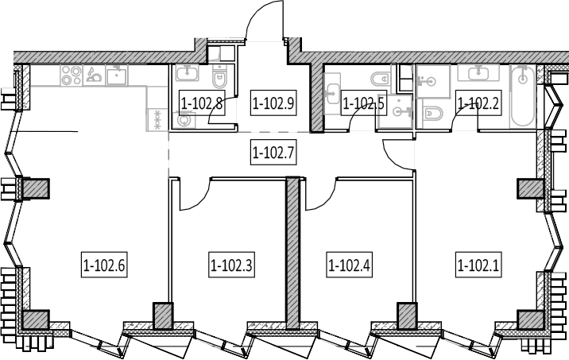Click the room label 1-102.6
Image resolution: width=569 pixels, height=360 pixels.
click(104, 265)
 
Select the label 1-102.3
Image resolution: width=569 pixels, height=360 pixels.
click(231, 265)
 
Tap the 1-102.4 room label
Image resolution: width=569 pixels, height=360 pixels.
click(349, 265)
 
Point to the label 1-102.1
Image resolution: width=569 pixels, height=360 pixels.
click(478, 265)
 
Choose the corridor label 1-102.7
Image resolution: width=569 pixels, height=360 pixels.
click(273, 152)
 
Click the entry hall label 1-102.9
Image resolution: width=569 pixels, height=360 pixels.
click(273, 103)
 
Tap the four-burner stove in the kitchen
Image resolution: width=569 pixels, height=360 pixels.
click(72, 75)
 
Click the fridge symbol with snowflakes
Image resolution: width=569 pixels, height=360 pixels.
click(157, 120)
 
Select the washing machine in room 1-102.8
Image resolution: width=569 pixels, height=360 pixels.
click(184, 120)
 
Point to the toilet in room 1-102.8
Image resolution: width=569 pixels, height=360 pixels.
click(219, 76)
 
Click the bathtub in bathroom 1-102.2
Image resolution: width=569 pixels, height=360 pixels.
click(522, 96)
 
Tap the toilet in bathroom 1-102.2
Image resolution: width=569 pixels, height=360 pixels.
click(432, 114)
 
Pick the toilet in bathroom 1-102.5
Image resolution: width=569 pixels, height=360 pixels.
click(380, 78)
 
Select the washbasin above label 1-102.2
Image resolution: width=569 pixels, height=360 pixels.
click(478, 73)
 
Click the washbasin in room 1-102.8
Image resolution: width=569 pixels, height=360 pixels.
click(187, 72)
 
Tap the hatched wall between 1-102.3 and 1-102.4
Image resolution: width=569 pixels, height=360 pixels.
click(292, 253)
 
